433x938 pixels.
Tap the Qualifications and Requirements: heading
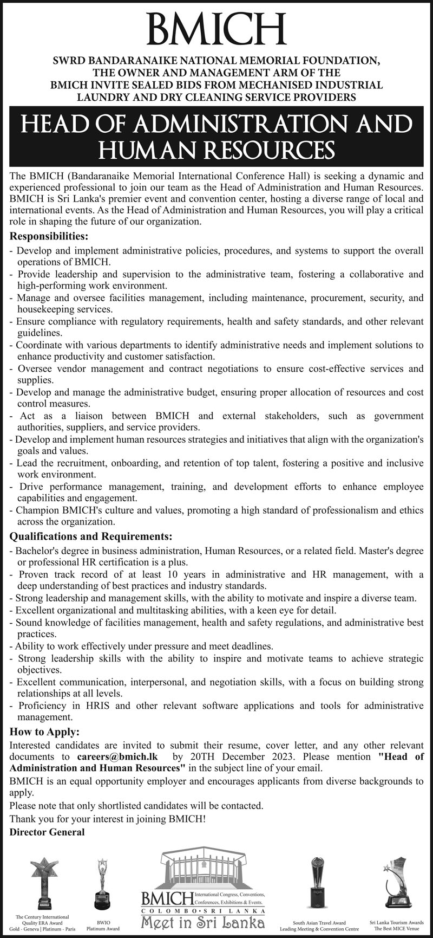pos(91,536)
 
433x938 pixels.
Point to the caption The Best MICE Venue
pos(397,928)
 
